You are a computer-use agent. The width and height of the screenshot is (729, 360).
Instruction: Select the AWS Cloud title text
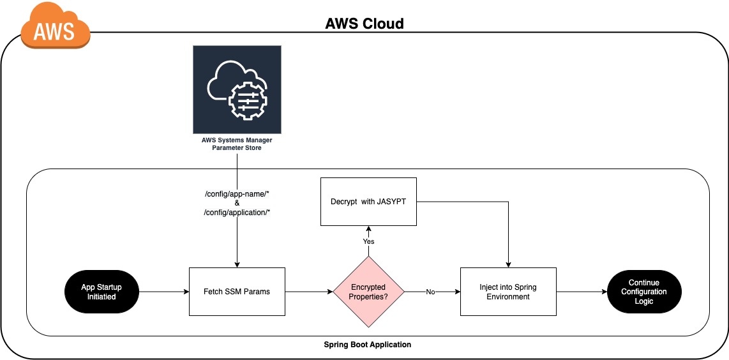(364, 24)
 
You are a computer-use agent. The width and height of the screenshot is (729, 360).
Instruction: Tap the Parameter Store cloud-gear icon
(237, 89)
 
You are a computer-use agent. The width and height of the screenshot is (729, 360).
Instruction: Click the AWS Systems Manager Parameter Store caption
(237, 144)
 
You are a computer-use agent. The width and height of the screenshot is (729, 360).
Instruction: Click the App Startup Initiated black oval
(101, 292)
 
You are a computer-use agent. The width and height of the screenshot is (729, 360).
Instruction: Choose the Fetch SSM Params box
(237, 292)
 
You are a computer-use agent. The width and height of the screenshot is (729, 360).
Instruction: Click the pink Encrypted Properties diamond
(368, 292)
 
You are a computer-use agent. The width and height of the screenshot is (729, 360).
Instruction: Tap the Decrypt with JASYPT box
(368, 202)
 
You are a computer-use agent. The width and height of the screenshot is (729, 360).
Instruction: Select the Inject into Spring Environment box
(508, 292)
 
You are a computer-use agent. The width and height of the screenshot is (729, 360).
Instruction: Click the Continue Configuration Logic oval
(643, 292)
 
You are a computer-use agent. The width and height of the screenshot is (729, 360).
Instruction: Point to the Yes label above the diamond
(368, 241)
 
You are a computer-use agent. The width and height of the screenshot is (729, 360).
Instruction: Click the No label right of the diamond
(430, 292)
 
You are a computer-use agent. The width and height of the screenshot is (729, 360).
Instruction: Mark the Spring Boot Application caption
(367, 344)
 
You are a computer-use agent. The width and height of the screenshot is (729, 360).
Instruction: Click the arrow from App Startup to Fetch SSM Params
(163, 292)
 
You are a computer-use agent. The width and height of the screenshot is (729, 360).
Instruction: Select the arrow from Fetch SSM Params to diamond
(309, 292)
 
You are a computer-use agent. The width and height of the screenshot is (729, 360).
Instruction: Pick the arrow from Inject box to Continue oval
(581, 292)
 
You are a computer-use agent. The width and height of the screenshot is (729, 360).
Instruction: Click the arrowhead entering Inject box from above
(508, 264)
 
